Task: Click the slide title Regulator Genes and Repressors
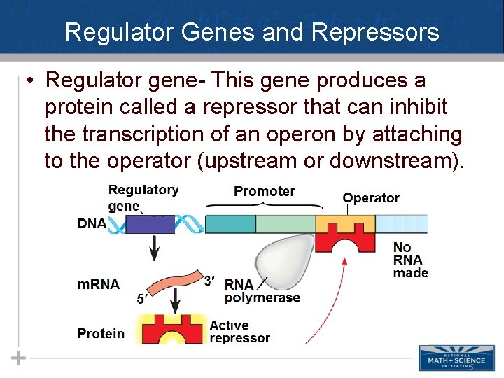pyautogui.click(x=252, y=32)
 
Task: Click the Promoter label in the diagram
pyautogui.click(x=265, y=191)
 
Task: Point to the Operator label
pyautogui.click(x=371, y=198)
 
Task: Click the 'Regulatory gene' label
pyautogui.click(x=143, y=197)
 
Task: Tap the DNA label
pyautogui.click(x=92, y=223)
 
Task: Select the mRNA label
pyautogui.click(x=98, y=284)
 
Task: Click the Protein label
pyautogui.click(x=101, y=333)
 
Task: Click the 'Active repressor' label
pyautogui.click(x=239, y=332)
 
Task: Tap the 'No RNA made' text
pyautogui.click(x=410, y=260)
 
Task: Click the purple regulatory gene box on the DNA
pyautogui.click(x=150, y=224)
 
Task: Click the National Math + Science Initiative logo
pyautogui.click(x=457, y=357)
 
